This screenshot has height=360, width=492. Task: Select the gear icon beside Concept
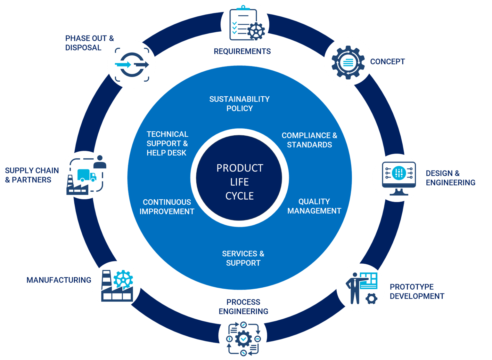click(348, 62)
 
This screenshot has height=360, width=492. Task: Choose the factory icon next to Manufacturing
click(117, 286)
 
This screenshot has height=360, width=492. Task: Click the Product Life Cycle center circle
click(240, 182)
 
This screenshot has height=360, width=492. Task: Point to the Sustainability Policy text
click(240, 104)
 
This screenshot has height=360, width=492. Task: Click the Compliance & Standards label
click(309, 140)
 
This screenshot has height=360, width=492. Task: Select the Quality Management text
click(314, 206)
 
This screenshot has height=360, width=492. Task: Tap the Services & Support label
click(243, 258)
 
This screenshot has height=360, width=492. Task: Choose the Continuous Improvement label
click(167, 207)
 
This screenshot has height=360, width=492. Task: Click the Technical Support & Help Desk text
click(167, 143)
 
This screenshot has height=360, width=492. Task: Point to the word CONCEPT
click(388, 62)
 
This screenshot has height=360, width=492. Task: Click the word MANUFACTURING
click(59, 280)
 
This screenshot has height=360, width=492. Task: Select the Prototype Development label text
click(416, 292)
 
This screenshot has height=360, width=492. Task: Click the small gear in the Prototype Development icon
click(372, 299)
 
